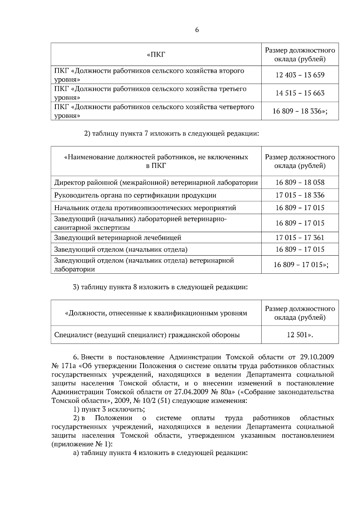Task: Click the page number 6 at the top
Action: click(197, 30)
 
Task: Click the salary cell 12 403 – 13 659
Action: click(300, 75)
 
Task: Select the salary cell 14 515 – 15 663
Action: click(300, 93)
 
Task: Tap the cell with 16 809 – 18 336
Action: click(300, 112)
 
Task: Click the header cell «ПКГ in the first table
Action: click(156, 55)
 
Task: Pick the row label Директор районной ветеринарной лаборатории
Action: click(156, 183)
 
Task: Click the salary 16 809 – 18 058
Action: click(300, 183)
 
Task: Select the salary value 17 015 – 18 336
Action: click(300, 195)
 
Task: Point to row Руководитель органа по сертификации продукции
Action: click(135, 195)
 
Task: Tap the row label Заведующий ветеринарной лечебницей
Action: click(118, 238)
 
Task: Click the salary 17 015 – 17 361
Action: click(300, 238)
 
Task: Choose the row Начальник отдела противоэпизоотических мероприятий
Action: click(145, 208)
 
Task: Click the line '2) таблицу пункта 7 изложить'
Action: click(171, 134)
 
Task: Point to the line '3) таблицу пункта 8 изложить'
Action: click(160, 287)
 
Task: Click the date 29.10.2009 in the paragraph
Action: click(316, 357)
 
